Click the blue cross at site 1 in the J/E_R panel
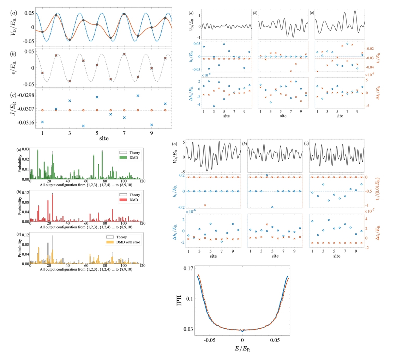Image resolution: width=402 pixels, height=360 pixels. coord(42,122)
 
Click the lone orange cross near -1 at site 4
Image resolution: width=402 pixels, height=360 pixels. coord(205,205)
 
